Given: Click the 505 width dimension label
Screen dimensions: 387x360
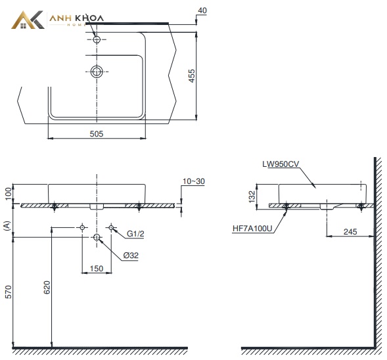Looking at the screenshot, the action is tap(96, 134).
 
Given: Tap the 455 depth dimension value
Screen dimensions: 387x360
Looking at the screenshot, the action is tap(191, 76).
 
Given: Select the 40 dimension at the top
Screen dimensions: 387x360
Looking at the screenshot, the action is tap(202, 11).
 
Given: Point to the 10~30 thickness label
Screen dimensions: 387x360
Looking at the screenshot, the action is tap(194, 181).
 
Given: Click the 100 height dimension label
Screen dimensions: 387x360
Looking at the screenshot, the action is tap(8, 194).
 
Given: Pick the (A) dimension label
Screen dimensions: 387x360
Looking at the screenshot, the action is tap(7, 226).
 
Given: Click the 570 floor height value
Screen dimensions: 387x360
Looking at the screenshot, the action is tap(8, 292).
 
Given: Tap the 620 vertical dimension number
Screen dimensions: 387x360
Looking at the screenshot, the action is tap(47, 288).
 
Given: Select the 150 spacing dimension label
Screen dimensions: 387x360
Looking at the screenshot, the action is tap(97, 269).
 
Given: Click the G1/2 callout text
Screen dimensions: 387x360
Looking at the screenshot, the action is tap(135, 234).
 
